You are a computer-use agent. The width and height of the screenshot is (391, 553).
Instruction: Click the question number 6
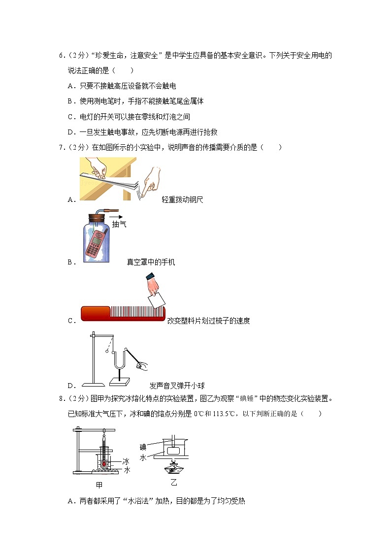click(61, 56)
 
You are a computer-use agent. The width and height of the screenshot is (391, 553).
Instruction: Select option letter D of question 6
click(71, 132)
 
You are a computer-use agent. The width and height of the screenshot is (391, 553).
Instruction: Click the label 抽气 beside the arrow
click(119, 225)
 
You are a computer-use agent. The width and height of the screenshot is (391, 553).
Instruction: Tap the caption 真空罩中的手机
click(151, 262)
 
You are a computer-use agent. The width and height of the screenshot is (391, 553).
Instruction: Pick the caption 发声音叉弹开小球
click(177, 386)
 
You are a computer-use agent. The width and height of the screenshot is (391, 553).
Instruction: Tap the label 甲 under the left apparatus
click(99, 485)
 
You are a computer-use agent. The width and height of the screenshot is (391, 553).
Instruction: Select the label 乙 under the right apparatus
click(174, 481)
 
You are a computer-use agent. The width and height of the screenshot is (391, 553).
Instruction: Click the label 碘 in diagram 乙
click(143, 447)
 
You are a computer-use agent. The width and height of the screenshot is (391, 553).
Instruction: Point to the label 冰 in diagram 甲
click(126, 461)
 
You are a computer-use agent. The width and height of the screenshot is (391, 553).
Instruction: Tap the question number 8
click(61, 399)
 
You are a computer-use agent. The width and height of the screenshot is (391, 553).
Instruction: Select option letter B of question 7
click(71, 262)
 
